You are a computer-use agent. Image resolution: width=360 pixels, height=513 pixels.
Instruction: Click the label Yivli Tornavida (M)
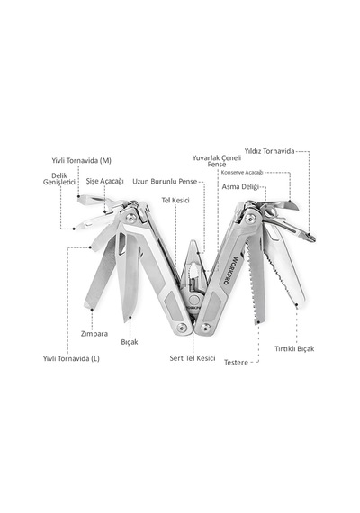(82, 160)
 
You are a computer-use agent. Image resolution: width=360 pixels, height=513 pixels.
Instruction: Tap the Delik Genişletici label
(59, 178)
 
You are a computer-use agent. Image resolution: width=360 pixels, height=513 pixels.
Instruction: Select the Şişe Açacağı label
(104, 181)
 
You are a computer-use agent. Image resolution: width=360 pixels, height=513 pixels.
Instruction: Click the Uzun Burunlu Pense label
(165, 181)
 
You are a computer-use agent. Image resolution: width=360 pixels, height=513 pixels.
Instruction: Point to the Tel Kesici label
(175, 200)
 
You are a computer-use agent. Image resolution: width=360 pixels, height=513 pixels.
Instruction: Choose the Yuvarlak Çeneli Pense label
(217, 161)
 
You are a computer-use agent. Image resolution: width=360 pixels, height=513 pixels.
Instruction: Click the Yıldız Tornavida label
(270, 151)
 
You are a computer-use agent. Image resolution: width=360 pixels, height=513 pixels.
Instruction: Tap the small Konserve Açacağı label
(242, 173)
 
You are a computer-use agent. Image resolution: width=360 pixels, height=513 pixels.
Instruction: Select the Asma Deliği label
(240, 187)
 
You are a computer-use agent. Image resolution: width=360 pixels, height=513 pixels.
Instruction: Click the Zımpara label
(94, 334)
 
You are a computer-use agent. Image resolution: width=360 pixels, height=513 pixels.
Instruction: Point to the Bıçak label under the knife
(130, 342)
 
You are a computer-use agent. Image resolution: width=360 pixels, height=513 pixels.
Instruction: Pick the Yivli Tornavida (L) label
(71, 358)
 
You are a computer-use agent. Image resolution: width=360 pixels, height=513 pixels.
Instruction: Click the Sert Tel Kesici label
(193, 358)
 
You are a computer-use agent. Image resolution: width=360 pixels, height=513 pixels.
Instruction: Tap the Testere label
(236, 362)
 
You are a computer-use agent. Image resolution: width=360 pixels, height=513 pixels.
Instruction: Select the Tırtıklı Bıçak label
(294, 348)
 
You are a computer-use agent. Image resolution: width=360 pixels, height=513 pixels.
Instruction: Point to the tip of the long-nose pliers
(193, 241)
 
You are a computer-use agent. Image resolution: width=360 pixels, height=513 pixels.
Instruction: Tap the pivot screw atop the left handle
(130, 217)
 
